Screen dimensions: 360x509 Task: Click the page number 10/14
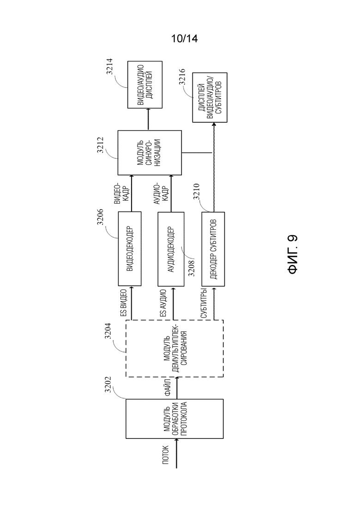tap(184, 39)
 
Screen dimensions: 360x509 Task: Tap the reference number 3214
tap(109, 66)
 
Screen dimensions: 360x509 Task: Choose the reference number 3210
tap(197, 192)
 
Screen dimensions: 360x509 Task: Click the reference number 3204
tap(108, 331)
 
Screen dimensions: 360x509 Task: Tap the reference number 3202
tap(108, 385)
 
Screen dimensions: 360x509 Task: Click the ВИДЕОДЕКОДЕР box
tap(130, 249)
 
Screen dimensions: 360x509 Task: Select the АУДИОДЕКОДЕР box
tap(171, 249)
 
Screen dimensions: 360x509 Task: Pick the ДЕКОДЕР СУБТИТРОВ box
tap(213, 249)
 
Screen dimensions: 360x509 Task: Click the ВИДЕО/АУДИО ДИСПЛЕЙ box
tap(145, 85)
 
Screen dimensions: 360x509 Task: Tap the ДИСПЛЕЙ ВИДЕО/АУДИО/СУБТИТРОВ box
tap(210, 97)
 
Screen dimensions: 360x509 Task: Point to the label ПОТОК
tap(166, 455)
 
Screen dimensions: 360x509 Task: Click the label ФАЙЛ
tap(168, 388)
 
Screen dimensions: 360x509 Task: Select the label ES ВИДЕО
tap(123, 303)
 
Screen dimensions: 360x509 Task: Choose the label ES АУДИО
tap(163, 303)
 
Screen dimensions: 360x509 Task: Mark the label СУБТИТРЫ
tap(204, 303)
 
